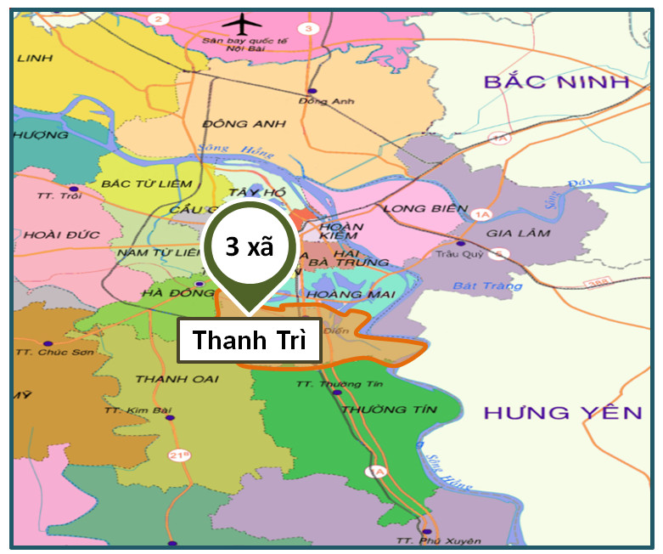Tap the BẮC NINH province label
[556, 82]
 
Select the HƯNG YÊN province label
[563, 414]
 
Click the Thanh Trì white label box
[249, 340]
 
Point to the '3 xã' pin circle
[248, 247]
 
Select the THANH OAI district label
[177, 378]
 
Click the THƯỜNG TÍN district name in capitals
[389, 410]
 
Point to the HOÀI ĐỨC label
[51, 235]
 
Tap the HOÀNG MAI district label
[339, 294]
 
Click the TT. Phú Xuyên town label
[426, 541]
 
